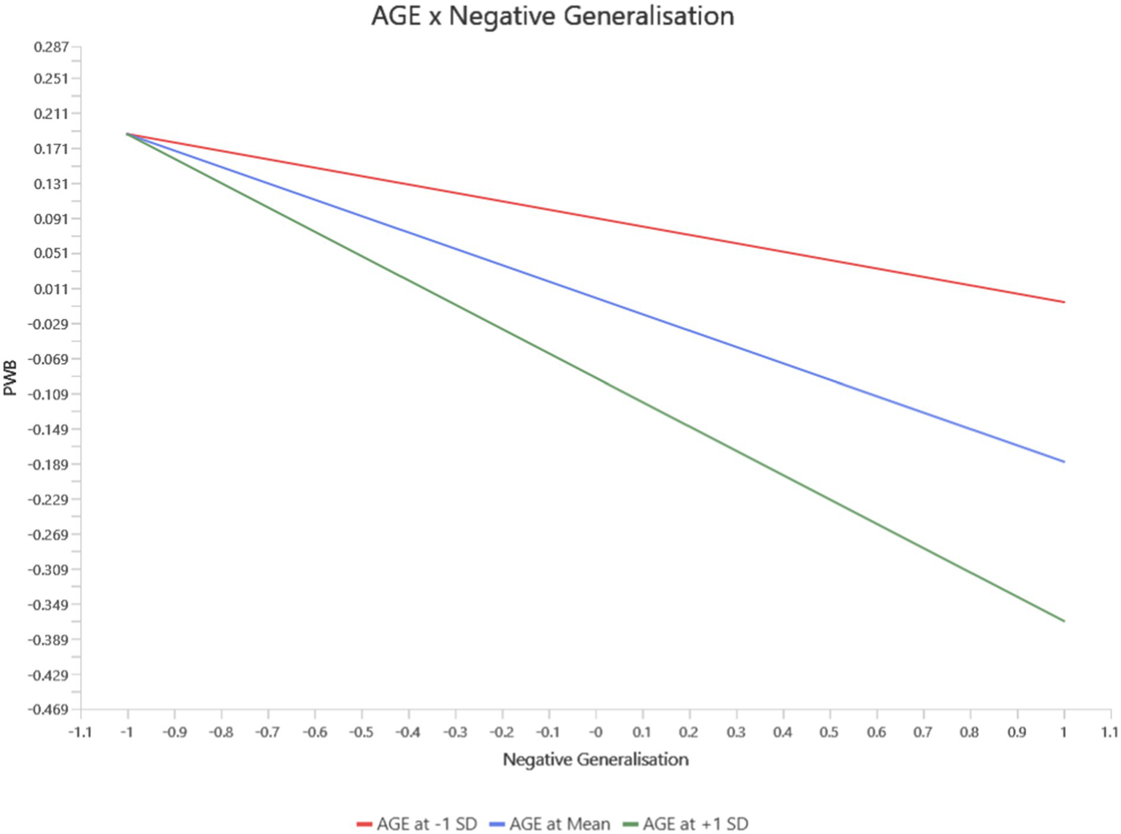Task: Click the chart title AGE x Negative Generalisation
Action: [x=553, y=16]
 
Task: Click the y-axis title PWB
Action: [x=10, y=378]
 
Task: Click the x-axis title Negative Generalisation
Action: [x=595, y=760]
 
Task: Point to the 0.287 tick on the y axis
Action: [x=52, y=47]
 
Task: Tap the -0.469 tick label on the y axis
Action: [x=48, y=709]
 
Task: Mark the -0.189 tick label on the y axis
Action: [x=48, y=464]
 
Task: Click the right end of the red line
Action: [x=1064, y=302]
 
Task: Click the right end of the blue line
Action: [x=1064, y=462]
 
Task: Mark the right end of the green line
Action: [x=1064, y=621]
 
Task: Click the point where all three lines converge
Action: [x=127, y=134]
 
